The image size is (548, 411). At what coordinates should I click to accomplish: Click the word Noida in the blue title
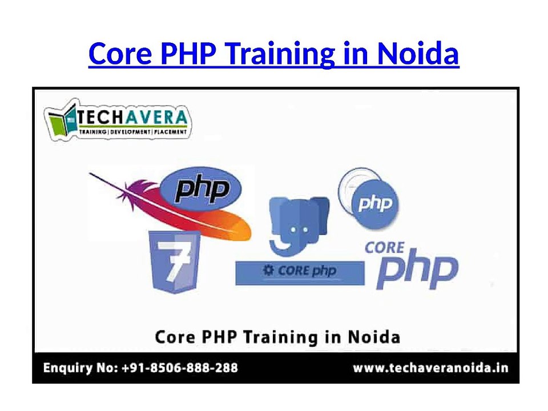(418, 54)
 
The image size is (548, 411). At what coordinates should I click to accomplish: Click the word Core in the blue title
(120, 54)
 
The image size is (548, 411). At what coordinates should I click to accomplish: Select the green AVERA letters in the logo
(155, 118)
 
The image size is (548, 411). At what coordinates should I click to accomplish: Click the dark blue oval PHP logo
(200, 189)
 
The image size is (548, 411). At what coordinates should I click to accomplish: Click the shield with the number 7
(175, 261)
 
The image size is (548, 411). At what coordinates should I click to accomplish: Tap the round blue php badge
(374, 203)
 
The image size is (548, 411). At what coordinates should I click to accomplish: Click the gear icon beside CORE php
(268, 270)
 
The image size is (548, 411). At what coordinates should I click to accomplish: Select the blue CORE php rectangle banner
(300, 273)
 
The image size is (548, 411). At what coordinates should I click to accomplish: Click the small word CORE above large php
(384, 248)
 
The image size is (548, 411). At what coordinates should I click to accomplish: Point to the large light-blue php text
(417, 269)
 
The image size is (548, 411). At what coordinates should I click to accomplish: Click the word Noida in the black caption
(374, 337)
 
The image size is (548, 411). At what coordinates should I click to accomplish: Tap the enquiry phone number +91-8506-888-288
(180, 368)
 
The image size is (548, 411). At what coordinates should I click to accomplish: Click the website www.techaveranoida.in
(430, 368)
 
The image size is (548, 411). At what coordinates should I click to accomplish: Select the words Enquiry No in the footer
(80, 368)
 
